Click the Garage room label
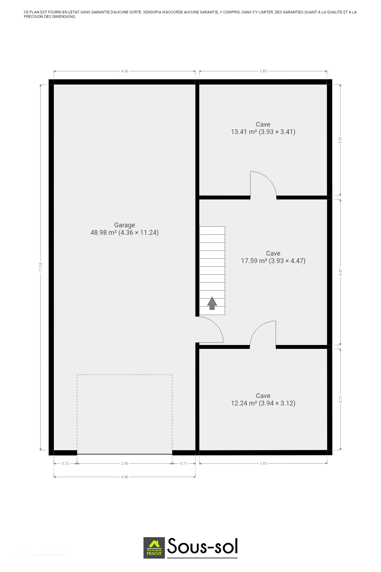[124, 225]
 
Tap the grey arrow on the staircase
[212, 303]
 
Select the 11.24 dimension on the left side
[40, 267]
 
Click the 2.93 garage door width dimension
[124, 464]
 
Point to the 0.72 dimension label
[65, 464]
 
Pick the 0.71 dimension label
[184, 464]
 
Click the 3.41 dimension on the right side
[340, 140]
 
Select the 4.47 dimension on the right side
[340, 272]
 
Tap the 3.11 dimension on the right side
[340, 400]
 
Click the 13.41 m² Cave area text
[263, 132]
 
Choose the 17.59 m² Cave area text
[273, 261]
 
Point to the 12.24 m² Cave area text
[263, 403]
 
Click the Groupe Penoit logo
[154, 548]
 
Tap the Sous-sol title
[202, 546]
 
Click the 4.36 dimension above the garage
[124, 71]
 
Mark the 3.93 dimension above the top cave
[263, 71]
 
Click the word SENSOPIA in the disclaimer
[152, 12]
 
